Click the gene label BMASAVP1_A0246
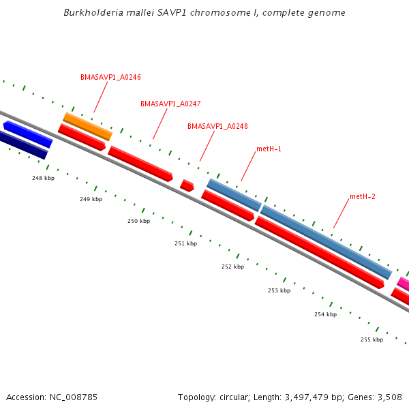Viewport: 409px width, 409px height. (110, 77)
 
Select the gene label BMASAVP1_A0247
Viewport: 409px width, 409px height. (170, 104)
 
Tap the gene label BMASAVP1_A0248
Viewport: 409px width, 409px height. (217, 126)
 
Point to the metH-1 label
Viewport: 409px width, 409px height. (269, 149)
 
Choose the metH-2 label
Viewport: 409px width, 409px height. (363, 196)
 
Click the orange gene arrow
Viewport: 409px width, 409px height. (87, 126)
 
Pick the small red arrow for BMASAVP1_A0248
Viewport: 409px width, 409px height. (187, 185)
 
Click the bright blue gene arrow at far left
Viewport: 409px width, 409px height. (28, 134)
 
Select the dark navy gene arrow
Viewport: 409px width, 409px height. (23, 145)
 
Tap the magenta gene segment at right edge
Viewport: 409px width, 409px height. (404, 283)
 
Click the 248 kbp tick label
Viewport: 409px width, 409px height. (43, 178)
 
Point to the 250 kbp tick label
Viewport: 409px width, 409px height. (138, 221)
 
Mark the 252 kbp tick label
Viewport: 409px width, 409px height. (232, 267)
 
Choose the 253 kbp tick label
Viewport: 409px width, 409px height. (279, 290)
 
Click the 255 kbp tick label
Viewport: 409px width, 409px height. (372, 339)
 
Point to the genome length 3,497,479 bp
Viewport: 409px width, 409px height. (312, 397)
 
